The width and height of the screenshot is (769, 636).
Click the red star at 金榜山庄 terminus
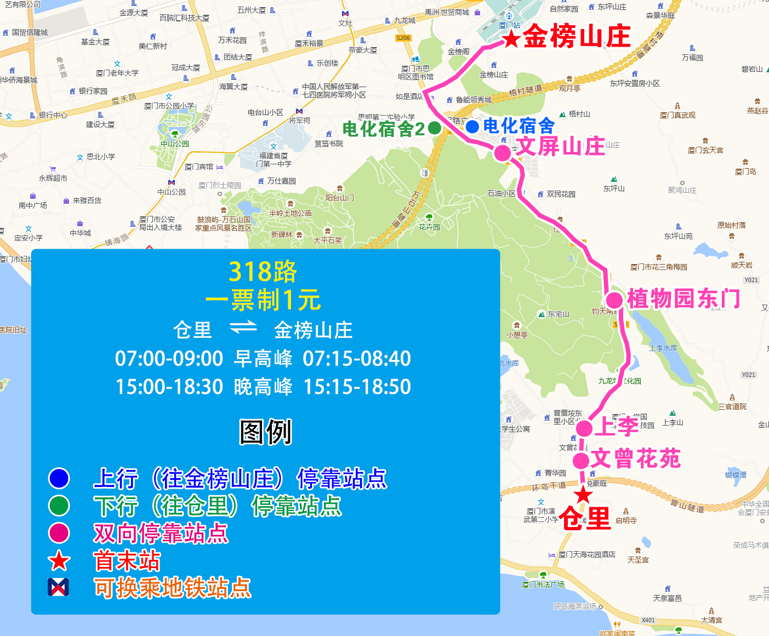pyautogui.click(x=511, y=39)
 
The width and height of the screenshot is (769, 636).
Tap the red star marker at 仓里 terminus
pyautogui.click(x=583, y=495)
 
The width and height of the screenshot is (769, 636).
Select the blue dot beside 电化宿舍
pyautogui.click(x=472, y=127)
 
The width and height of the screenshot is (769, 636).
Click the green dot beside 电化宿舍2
pyautogui.click(x=435, y=128)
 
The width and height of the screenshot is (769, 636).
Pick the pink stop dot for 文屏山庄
pyautogui.click(x=503, y=153)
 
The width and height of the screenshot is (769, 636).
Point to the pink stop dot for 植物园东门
pyautogui.click(x=614, y=300)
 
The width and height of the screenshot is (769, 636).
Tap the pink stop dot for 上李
pyautogui.click(x=584, y=428)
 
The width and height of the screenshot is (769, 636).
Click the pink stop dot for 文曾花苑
pyautogui.click(x=581, y=460)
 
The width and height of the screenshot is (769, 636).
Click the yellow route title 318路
pyautogui.click(x=263, y=272)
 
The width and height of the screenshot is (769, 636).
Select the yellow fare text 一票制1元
pyautogui.click(x=263, y=300)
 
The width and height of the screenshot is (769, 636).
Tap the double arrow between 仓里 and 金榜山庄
pyautogui.click(x=243, y=327)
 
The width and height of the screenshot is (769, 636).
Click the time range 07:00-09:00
pyautogui.click(x=169, y=359)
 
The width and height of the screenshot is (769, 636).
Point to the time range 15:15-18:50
pyautogui.click(x=357, y=387)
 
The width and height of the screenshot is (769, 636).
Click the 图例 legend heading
pyautogui.click(x=265, y=432)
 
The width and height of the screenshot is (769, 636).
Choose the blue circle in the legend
pyautogui.click(x=59, y=478)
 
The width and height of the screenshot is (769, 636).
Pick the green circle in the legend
pyautogui.click(x=59, y=506)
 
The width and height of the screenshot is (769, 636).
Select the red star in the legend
pyautogui.click(x=59, y=561)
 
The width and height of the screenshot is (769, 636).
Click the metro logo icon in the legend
pyautogui.click(x=59, y=587)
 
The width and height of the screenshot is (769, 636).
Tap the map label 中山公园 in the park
pyautogui.click(x=175, y=144)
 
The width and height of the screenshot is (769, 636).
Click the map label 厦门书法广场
pyautogui.click(x=543, y=585)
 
